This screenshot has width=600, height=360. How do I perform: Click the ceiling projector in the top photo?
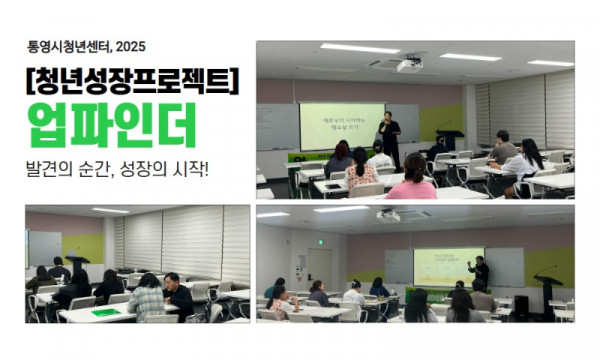pos(408,65)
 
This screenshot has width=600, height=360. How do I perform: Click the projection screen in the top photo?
pos(341,126)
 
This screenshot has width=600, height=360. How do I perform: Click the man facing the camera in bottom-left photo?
pos(176,294)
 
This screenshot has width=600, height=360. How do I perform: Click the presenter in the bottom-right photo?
pos(482,275)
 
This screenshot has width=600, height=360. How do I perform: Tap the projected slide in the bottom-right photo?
pos(448,266)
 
